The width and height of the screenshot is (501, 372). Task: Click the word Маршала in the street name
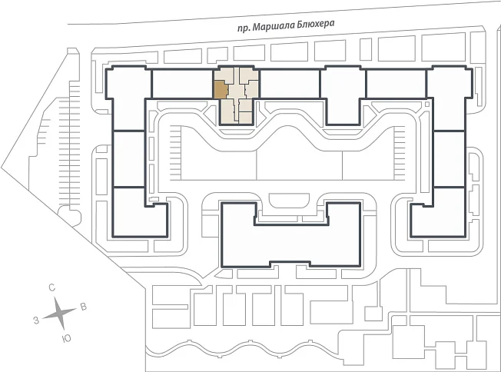(274, 26)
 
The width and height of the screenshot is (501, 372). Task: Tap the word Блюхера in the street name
(316, 24)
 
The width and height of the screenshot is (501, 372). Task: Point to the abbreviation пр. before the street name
(244, 28)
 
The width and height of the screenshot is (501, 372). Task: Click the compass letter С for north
(51, 287)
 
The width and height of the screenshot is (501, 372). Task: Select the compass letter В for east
(83, 307)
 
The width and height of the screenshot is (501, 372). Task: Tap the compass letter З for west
(36, 320)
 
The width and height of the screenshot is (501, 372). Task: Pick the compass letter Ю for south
(66, 339)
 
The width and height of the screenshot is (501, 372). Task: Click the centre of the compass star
(60, 314)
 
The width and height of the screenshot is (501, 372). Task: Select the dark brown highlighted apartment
(220, 90)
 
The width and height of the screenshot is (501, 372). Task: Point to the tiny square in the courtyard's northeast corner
(427, 105)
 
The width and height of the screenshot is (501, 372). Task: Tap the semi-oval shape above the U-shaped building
(289, 200)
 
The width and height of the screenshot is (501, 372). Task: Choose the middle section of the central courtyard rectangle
(300, 164)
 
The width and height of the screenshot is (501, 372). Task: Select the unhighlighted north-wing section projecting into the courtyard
(343, 96)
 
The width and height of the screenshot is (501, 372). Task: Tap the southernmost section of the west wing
(140, 212)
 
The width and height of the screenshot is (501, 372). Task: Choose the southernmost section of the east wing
(438, 212)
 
